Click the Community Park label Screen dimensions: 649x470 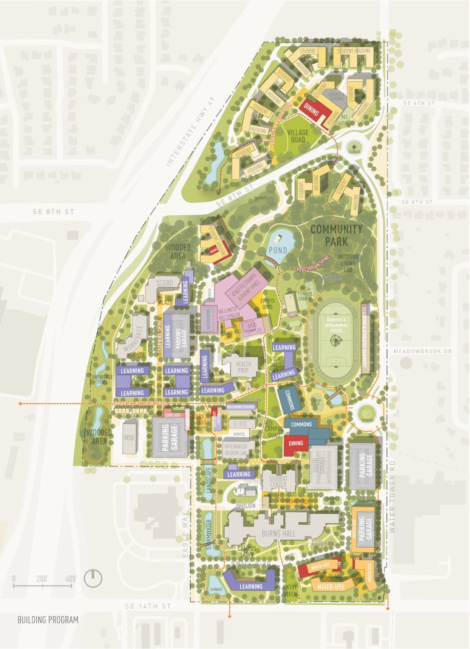point(336,235)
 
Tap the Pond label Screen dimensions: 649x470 point(278,250)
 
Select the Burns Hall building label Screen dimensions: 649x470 point(278,534)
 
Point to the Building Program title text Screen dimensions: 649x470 point(48,620)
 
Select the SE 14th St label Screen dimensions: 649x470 point(148,606)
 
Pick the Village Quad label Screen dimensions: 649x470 point(297,136)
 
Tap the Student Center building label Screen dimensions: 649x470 point(278,482)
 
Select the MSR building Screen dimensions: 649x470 point(129,438)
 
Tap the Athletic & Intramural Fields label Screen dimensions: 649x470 point(336,324)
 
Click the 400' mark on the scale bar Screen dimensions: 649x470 point(71,578)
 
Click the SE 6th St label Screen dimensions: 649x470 point(419,103)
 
